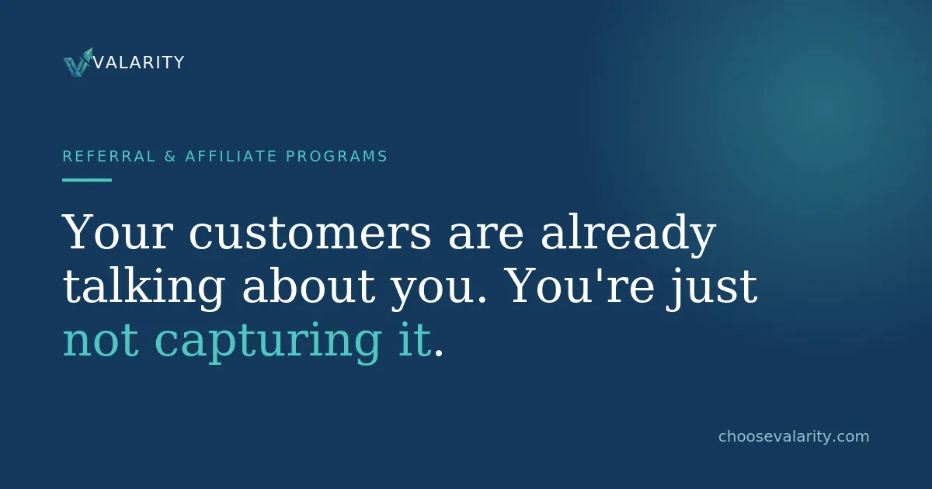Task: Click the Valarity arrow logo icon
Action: click(78, 62)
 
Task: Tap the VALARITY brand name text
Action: click(138, 62)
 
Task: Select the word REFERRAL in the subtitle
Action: click(109, 156)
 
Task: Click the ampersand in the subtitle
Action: click(170, 156)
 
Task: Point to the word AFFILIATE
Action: click(231, 156)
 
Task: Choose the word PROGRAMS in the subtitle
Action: click(336, 156)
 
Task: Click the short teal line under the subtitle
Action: click(87, 180)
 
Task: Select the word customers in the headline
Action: click(311, 231)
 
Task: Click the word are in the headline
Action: click(485, 236)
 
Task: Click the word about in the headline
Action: click(309, 286)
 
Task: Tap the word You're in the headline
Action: click(581, 286)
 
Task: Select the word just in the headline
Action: click(712, 289)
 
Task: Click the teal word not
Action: click(101, 341)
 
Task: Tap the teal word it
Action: click(415, 339)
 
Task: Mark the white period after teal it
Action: click(438, 353)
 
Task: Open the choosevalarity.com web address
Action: click(794, 436)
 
